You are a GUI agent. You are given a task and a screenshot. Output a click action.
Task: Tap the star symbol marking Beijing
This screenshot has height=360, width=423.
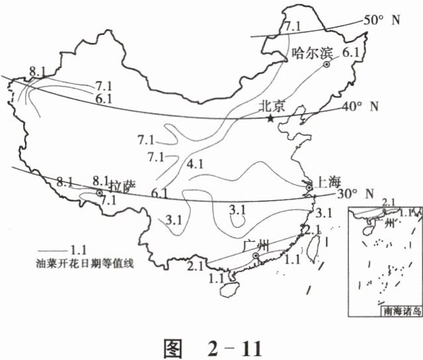click(x=270, y=118)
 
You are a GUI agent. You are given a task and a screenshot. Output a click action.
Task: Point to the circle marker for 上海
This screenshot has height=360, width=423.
click(x=309, y=188)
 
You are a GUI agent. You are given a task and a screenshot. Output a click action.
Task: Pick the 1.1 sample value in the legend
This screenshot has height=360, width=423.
click(x=78, y=250)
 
